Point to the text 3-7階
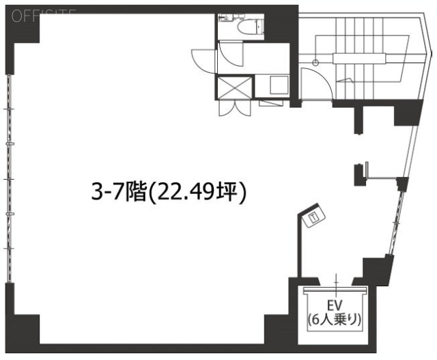(x=119, y=193)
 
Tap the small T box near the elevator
(x=313, y=219)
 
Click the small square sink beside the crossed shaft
(x=279, y=85)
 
